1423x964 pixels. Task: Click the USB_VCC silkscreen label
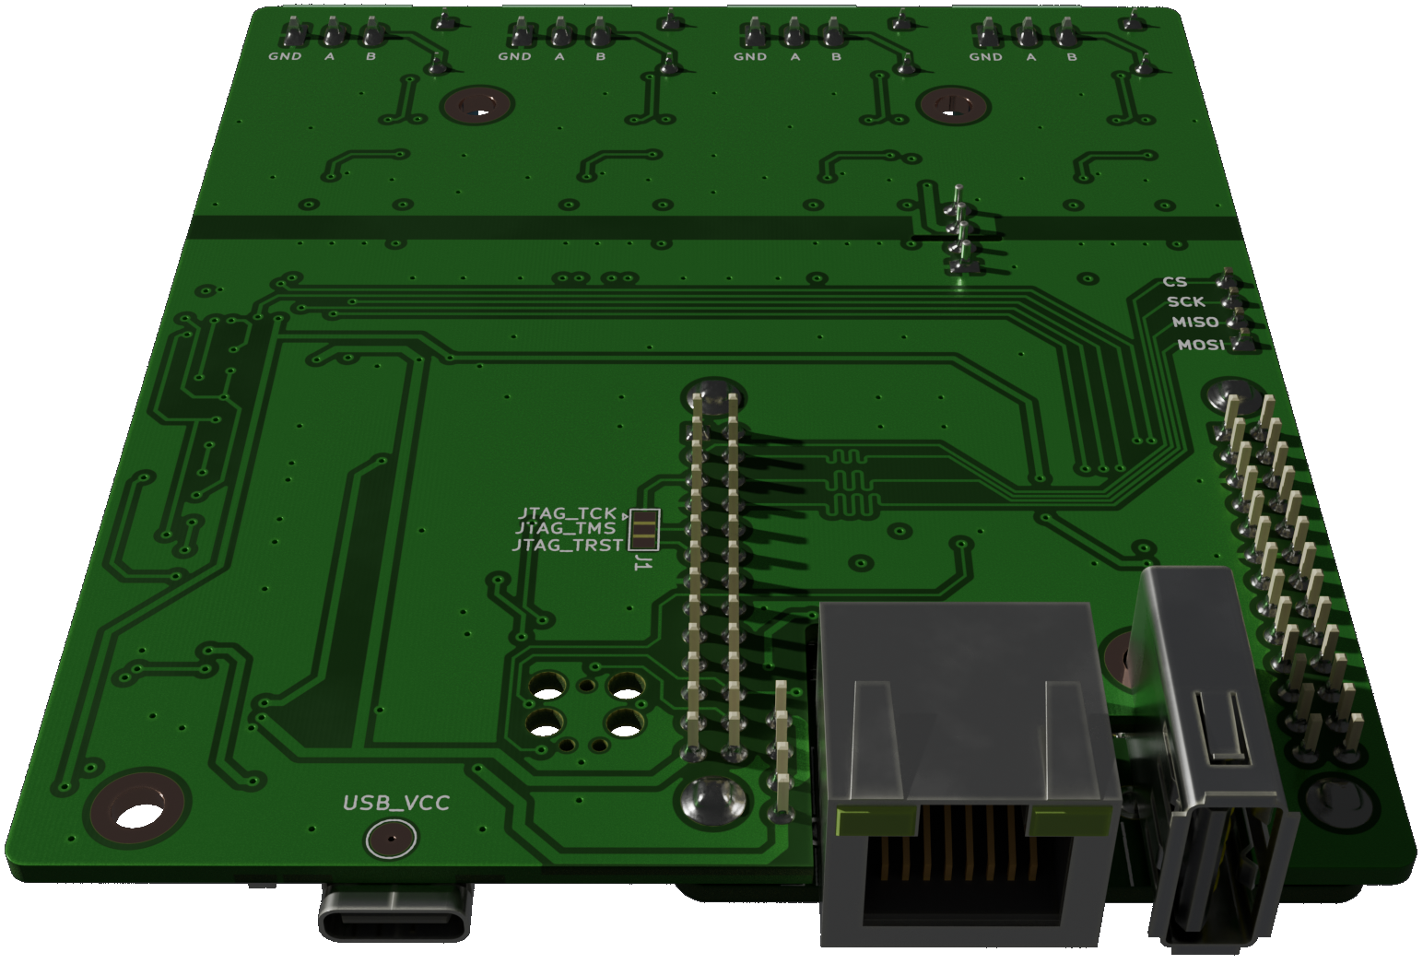pos(396,803)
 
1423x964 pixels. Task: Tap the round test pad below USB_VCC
pos(391,840)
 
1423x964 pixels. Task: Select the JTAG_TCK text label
pos(567,513)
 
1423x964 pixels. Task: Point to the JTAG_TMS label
pos(565,529)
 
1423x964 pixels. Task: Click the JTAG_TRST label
pos(567,546)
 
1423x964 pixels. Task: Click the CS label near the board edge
pos(1174,282)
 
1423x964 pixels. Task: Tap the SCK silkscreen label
pos(1185,301)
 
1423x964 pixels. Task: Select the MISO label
pos(1195,323)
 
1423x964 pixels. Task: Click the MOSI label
pos(1201,345)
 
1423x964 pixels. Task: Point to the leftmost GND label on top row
pos(285,57)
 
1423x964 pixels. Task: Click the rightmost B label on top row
pos(1072,57)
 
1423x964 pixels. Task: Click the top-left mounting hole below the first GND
pos(476,107)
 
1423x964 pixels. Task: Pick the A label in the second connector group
pos(559,57)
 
